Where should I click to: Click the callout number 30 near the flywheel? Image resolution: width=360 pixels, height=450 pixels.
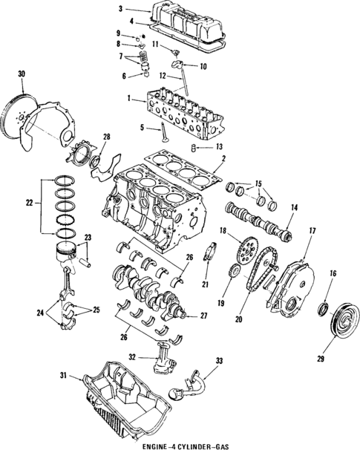coord(22,74)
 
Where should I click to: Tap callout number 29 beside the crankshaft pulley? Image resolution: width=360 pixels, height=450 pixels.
coord(321,359)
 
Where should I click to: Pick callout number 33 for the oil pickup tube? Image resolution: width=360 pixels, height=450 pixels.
coord(219,361)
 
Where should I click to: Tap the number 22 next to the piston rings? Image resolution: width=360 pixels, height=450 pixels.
coord(29,203)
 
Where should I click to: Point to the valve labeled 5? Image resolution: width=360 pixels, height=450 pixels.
coord(164,132)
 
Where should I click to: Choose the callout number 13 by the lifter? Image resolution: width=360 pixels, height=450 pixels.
coord(219,147)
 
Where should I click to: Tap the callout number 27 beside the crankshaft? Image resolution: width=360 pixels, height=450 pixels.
coord(203,316)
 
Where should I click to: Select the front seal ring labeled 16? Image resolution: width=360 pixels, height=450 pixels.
coord(325,308)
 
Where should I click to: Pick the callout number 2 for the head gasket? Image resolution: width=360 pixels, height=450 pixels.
coord(224,158)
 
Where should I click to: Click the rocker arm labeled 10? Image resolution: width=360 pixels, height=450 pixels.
coord(178,63)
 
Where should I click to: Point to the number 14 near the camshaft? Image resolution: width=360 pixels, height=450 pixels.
coord(295,207)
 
